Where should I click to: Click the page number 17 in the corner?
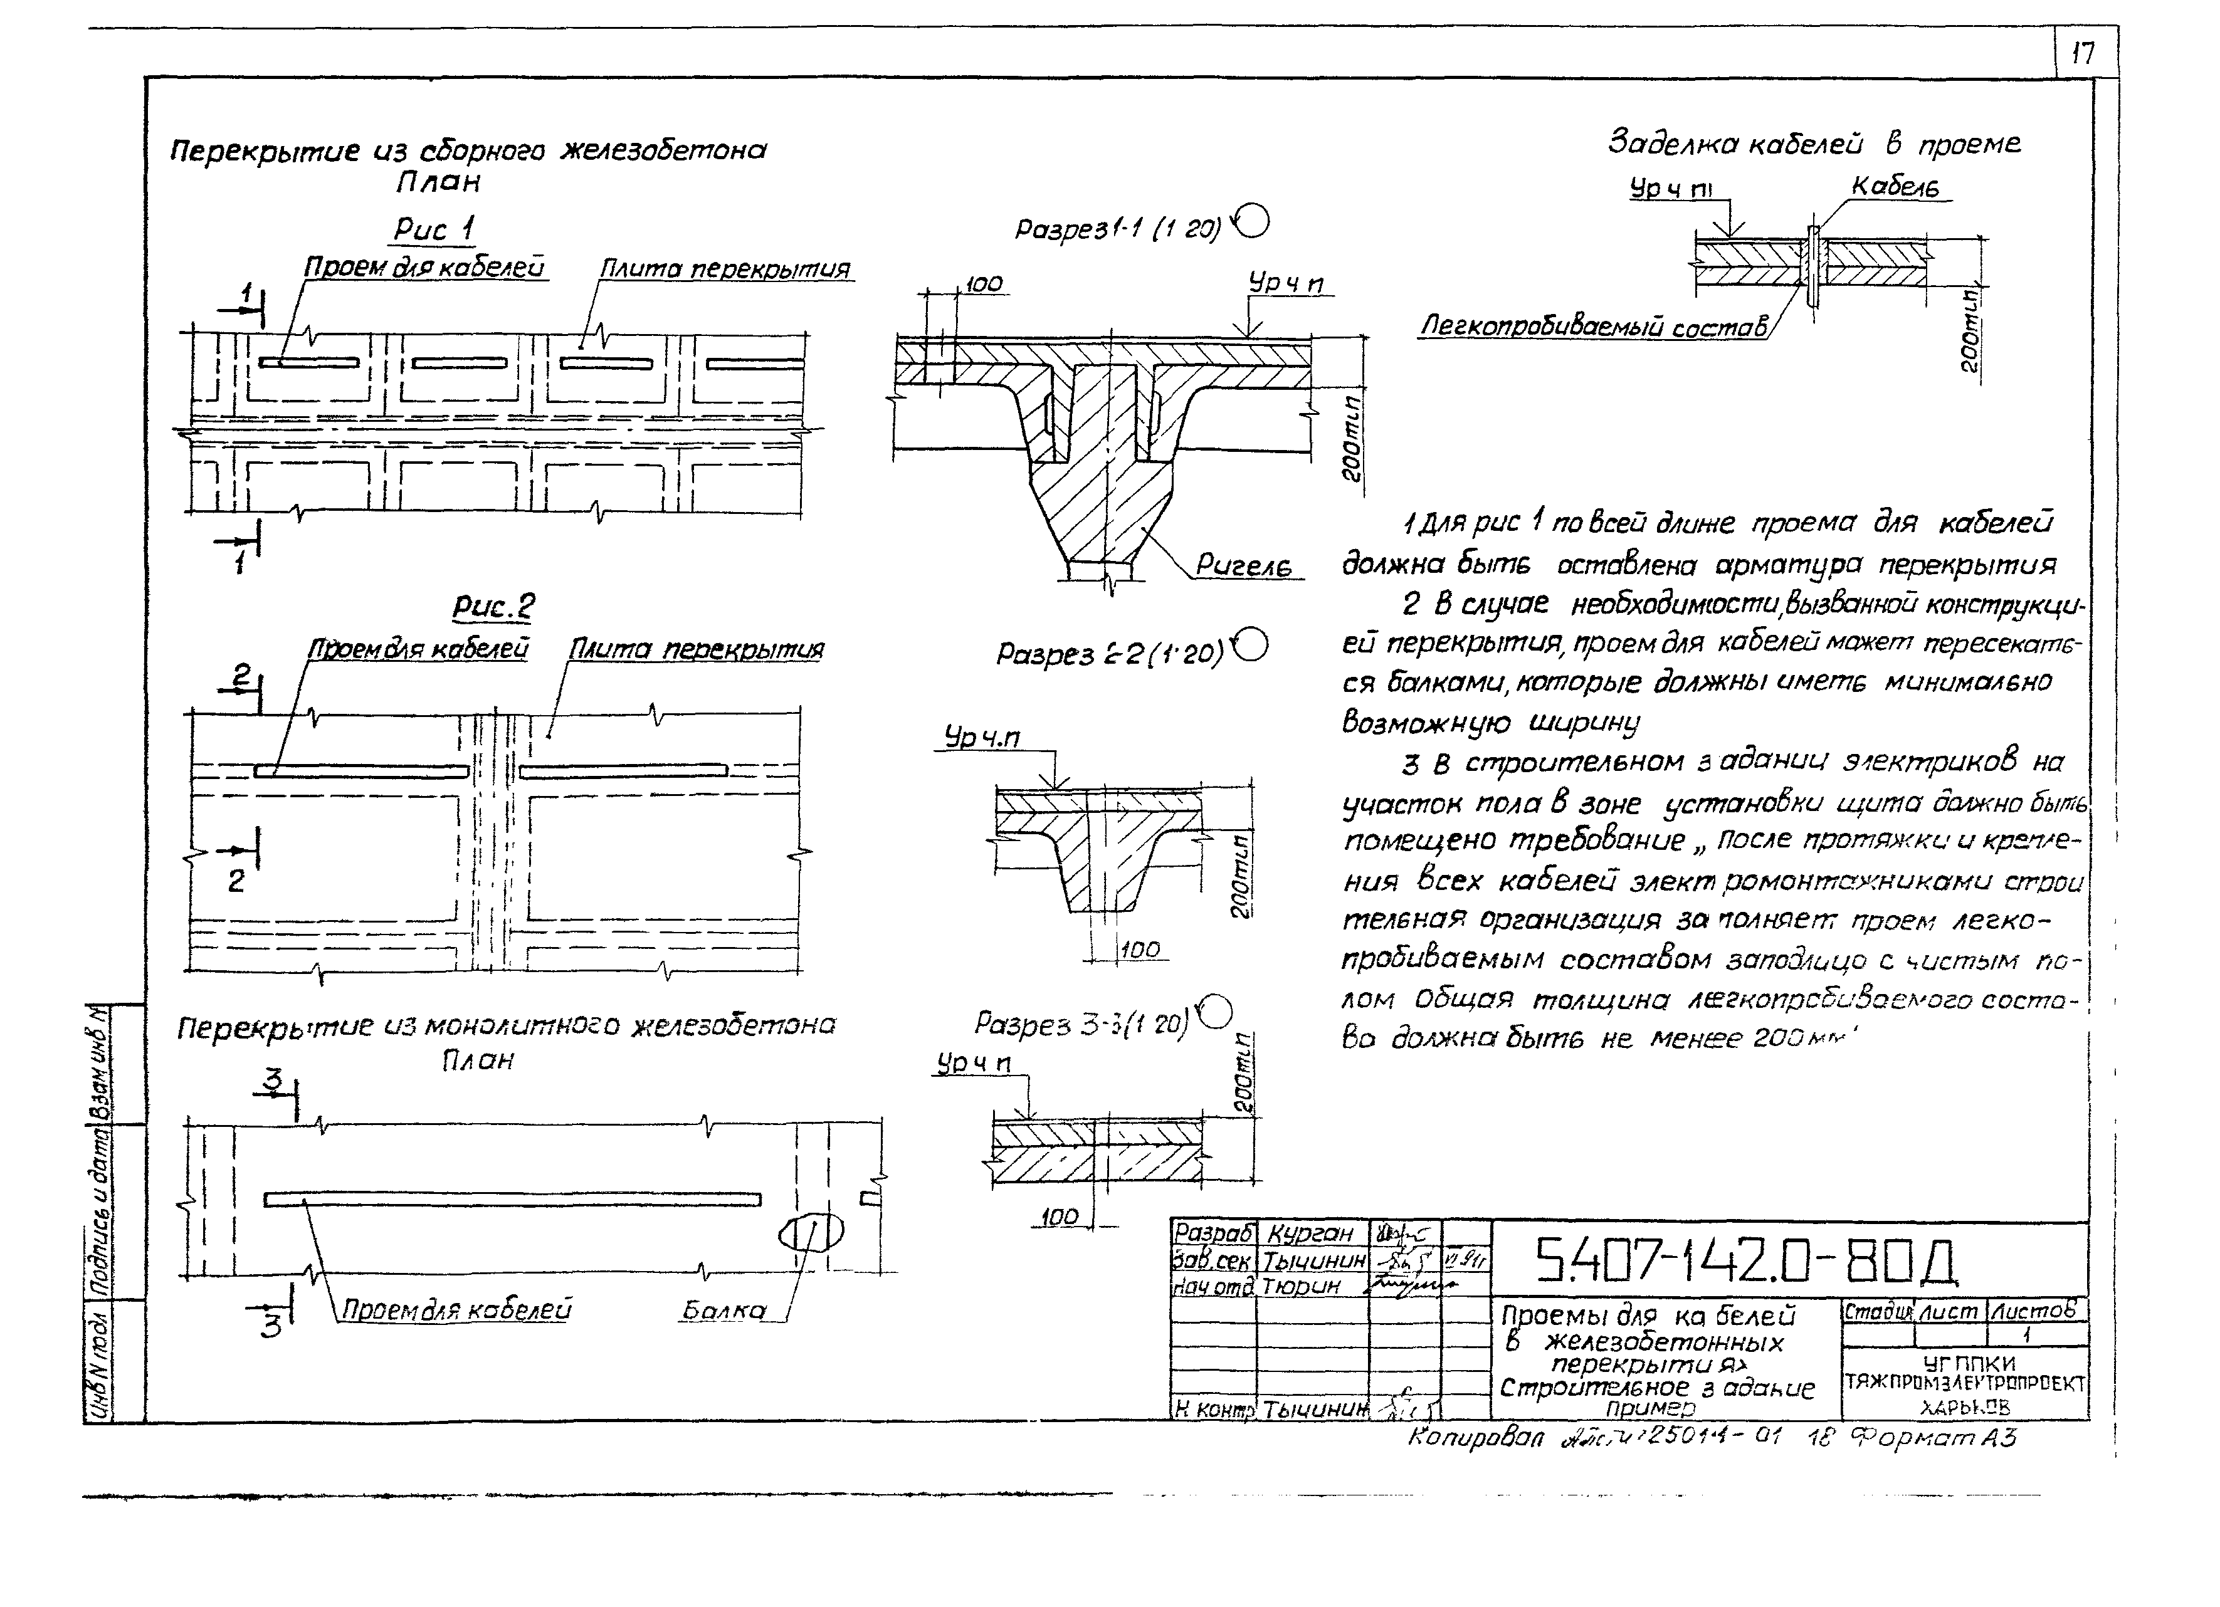[x=2083, y=53]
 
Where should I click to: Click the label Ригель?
[x=1243, y=566]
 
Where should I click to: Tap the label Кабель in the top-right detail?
[x=1895, y=186]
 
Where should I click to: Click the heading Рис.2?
[x=493, y=607]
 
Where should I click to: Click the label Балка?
[x=723, y=1311]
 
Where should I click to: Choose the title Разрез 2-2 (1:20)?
[x=1110, y=654]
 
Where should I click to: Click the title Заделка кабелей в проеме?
[x=1814, y=145]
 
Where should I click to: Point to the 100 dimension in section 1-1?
[x=983, y=284]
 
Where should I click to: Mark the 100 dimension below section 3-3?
[x=1059, y=1217]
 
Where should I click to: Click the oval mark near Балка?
[x=811, y=1233]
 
